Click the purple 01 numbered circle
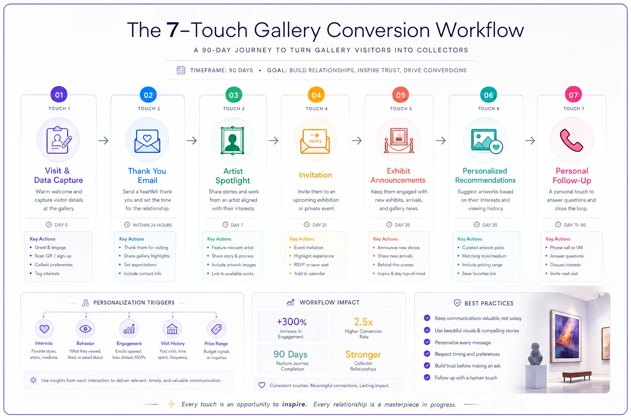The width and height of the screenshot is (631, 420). [59, 94]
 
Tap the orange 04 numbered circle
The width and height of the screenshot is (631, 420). [316, 95]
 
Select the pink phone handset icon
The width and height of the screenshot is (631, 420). [571, 140]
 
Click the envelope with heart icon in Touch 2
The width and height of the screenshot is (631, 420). [147, 141]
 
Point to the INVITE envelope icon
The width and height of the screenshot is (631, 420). [315, 141]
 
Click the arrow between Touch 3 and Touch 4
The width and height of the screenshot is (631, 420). [274, 140]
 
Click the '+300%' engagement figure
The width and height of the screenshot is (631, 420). [292, 322]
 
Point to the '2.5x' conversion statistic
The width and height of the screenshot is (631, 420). [363, 322]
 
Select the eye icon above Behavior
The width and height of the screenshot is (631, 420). [85, 329]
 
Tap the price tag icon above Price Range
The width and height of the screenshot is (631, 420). [216, 329]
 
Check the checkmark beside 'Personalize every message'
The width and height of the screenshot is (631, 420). [427, 342]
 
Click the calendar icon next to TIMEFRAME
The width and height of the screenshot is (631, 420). [181, 70]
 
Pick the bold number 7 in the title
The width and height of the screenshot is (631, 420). [173, 30]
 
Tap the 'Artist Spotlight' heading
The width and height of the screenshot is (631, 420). [233, 176]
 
